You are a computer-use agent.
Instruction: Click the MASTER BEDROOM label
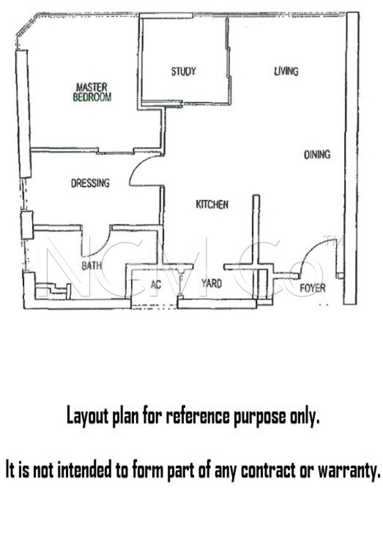(x=92, y=92)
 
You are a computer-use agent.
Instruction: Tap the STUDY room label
(x=183, y=71)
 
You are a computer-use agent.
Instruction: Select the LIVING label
(x=286, y=71)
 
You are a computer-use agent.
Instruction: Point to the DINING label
(x=317, y=155)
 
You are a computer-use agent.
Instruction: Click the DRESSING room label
(x=90, y=183)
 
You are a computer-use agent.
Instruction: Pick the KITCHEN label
(x=212, y=204)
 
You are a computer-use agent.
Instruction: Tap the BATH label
(x=91, y=266)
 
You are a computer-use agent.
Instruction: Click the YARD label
(x=211, y=283)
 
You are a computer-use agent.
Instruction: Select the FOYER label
(x=312, y=288)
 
